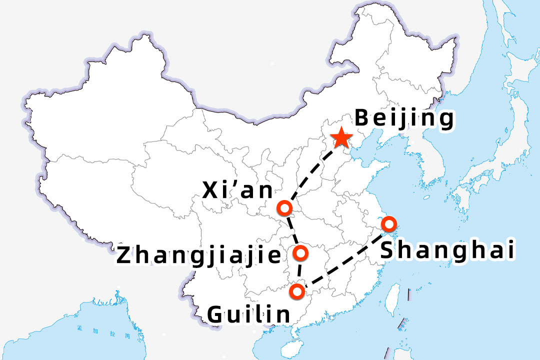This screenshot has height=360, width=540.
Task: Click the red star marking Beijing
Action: coord(341,137)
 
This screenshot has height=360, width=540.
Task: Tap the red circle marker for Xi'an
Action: coord(284,207)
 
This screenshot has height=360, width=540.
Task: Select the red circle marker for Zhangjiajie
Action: coord(301,253)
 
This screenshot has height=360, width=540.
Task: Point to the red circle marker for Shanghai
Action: coord(388,223)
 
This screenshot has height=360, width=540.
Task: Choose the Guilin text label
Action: coord(248,314)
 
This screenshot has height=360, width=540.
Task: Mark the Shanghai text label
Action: coord(447,250)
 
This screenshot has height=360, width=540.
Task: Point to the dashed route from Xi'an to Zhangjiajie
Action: coord(292,230)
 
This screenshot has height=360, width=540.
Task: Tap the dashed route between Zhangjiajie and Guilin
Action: coord(299,272)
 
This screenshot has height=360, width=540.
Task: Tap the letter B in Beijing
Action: coord(362,119)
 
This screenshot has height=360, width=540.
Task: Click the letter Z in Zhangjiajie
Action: coord(124,255)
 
